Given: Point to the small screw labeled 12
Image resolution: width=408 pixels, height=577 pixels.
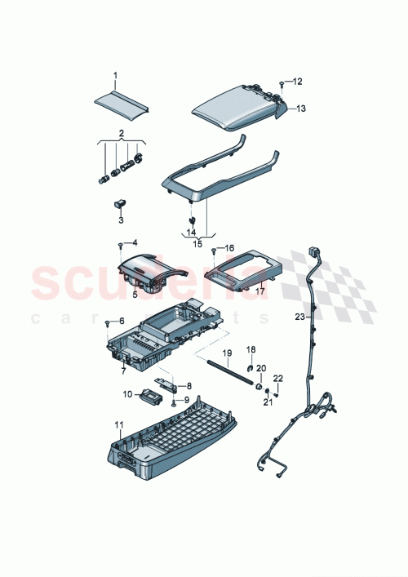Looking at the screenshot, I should click(281, 82).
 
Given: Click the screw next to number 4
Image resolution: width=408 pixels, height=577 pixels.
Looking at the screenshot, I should click(121, 243).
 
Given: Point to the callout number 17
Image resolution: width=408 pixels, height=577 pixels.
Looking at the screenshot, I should click(260, 290).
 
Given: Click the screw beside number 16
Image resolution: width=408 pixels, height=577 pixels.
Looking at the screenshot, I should click(214, 250).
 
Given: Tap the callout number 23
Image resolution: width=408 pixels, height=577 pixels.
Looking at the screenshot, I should click(299, 316).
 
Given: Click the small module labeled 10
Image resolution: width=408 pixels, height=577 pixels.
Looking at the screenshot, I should click(150, 396).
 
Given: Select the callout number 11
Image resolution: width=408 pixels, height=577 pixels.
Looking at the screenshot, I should click(118, 425).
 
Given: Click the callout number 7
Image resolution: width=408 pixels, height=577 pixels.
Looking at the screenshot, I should click(123, 371).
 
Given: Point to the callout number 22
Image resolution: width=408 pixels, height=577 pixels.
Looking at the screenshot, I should click(278, 378).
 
